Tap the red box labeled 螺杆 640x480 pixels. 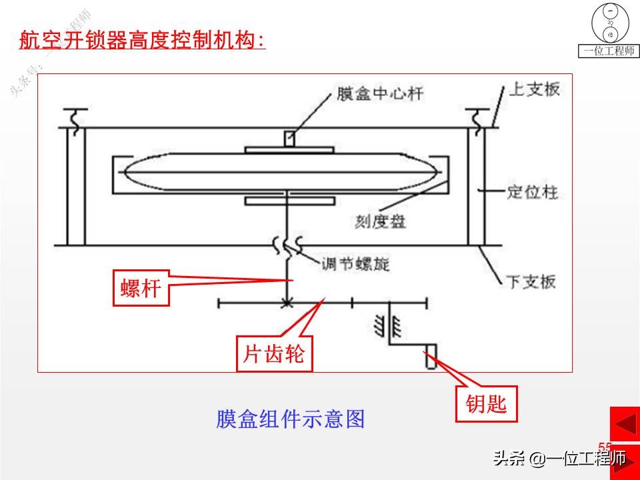(x=141, y=288)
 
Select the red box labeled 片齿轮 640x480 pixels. (x=274, y=353)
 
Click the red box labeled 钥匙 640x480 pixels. (x=487, y=403)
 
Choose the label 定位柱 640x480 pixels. (x=532, y=193)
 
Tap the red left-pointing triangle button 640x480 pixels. (x=625, y=425)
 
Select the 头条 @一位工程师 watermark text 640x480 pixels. (x=559, y=459)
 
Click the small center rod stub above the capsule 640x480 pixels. (x=289, y=139)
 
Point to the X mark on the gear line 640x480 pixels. (x=287, y=303)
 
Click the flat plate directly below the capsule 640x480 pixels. (x=288, y=200)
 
